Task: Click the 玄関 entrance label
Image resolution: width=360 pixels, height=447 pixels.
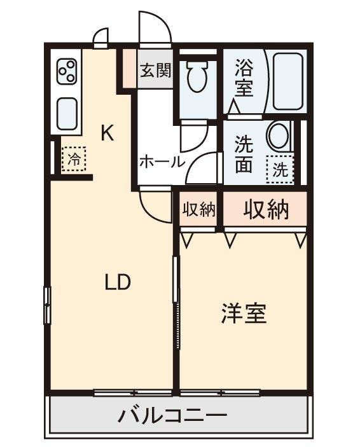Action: tap(155, 70)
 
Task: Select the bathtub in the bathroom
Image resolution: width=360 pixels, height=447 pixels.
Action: tap(289, 81)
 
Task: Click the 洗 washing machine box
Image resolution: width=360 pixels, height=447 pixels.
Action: tap(280, 169)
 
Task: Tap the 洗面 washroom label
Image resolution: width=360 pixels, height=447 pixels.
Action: tap(244, 155)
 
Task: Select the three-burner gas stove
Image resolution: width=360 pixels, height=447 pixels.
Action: tap(67, 72)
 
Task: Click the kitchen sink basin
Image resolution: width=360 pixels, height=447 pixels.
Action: tap(67, 113)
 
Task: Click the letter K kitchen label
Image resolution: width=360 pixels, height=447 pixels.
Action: tap(107, 134)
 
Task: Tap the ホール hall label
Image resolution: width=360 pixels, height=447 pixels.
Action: tap(162, 162)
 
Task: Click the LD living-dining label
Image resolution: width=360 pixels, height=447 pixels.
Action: tap(117, 282)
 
